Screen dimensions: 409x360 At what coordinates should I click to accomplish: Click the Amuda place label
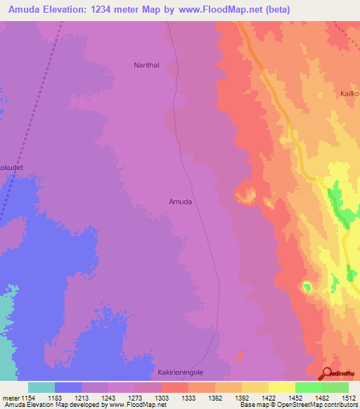click(181, 202)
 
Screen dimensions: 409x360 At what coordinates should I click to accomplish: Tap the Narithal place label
click(148, 65)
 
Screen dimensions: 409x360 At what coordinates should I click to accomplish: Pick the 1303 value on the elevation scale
click(162, 397)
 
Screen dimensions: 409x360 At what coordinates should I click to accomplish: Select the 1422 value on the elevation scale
click(268, 397)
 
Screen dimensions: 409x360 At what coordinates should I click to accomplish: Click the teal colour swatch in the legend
click(41, 387)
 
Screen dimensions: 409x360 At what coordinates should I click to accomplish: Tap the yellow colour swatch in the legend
click(281, 387)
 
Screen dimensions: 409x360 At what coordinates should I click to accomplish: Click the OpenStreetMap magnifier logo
click(327, 374)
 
